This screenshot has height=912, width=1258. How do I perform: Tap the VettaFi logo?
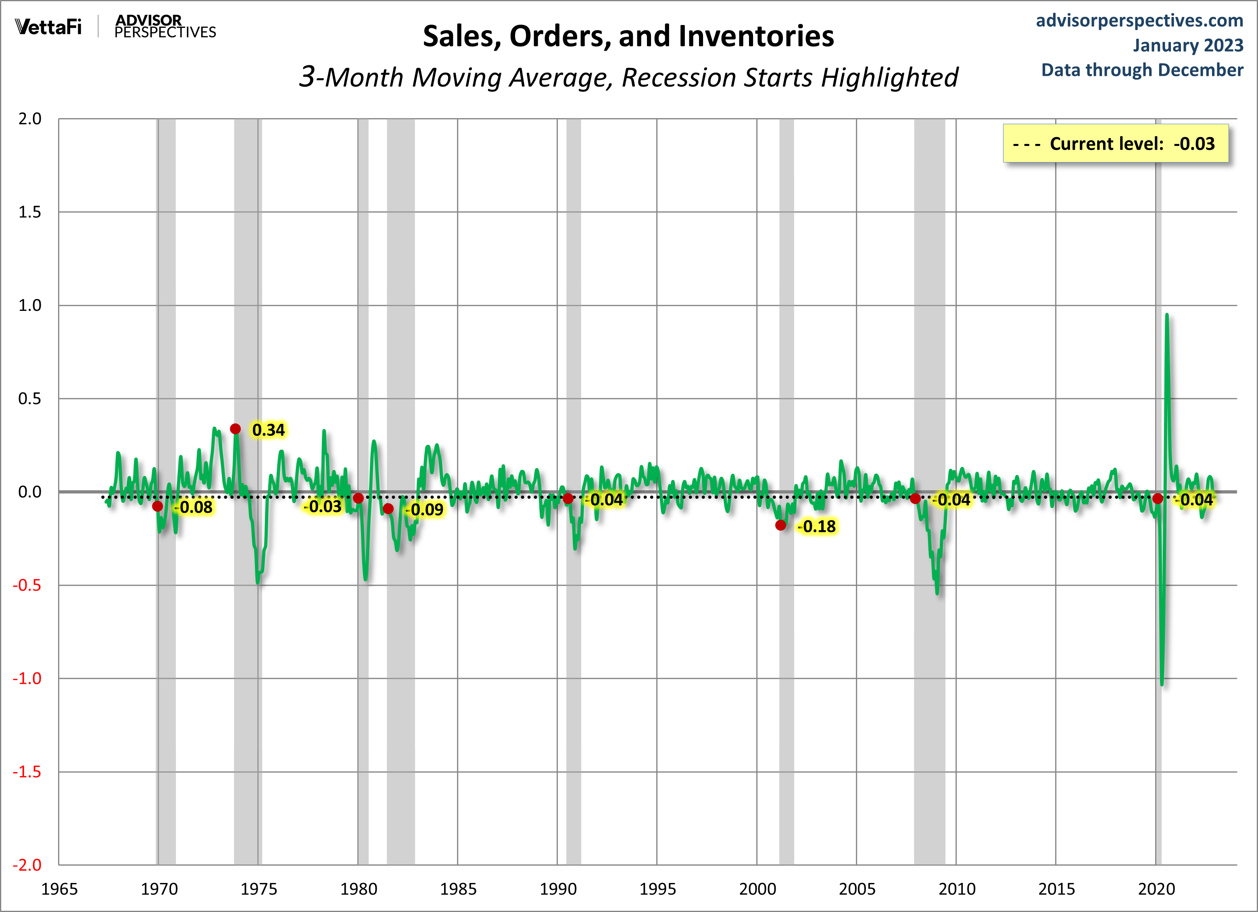tap(49, 27)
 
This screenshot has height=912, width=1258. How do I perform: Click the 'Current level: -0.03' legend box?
tap(1116, 144)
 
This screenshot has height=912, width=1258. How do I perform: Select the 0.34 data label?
tap(269, 430)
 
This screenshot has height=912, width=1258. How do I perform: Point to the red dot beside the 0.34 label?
tap(235, 429)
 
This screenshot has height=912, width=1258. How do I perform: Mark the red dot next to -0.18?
tap(780, 525)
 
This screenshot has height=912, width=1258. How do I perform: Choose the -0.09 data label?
tap(425, 510)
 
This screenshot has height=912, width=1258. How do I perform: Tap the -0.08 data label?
tap(194, 507)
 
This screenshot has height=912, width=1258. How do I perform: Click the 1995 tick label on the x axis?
tap(657, 889)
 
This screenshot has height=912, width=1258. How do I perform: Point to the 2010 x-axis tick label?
tap(957, 889)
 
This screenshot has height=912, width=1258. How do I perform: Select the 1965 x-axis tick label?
tap(59, 889)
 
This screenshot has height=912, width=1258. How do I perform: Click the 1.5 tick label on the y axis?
tap(30, 212)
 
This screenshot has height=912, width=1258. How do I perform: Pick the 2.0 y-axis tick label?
tap(30, 119)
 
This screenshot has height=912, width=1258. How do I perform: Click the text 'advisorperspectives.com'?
tap(1139, 21)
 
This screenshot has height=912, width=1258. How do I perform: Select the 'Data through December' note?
tap(1142, 70)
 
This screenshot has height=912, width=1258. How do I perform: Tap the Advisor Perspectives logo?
tap(165, 27)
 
